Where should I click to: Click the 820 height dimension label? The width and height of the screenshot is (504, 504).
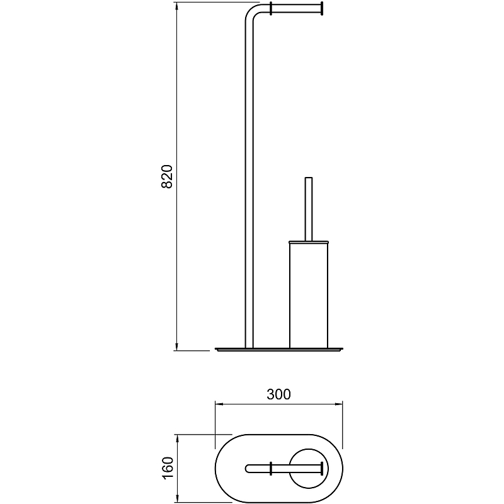(167, 176)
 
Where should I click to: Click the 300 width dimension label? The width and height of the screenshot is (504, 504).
(278, 394)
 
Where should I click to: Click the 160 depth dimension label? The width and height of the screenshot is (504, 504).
(168, 467)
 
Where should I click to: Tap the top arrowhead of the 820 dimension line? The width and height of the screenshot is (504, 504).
(177, 6)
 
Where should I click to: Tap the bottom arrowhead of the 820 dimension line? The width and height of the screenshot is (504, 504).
(177, 346)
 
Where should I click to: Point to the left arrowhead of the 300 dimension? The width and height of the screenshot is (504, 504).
(219, 404)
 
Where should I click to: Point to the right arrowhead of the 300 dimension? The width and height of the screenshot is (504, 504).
(338, 404)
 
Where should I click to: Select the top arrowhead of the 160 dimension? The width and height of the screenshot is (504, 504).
(177, 438)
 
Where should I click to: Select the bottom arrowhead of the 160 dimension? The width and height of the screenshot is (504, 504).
(177, 498)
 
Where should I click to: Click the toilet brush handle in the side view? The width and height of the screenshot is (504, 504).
(309, 209)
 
